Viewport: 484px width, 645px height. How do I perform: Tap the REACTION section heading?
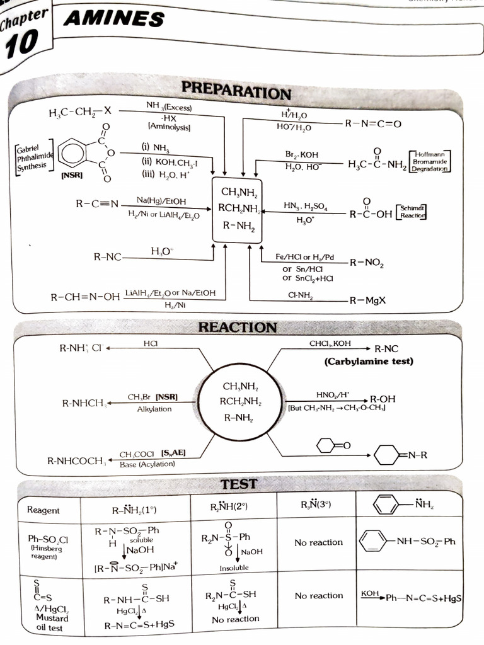[x=237, y=327]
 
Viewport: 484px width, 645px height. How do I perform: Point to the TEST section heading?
[x=239, y=484]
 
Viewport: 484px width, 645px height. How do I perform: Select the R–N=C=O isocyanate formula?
[x=372, y=123]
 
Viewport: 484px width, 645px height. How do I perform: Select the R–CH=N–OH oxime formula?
[x=85, y=296]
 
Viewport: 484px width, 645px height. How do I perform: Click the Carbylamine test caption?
[x=369, y=362]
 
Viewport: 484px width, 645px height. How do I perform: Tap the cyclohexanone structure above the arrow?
[x=330, y=445]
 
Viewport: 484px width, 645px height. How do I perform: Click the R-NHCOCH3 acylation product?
[x=76, y=460]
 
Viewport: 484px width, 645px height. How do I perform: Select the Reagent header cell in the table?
[x=43, y=510]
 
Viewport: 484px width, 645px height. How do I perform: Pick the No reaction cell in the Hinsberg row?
[x=318, y=542]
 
